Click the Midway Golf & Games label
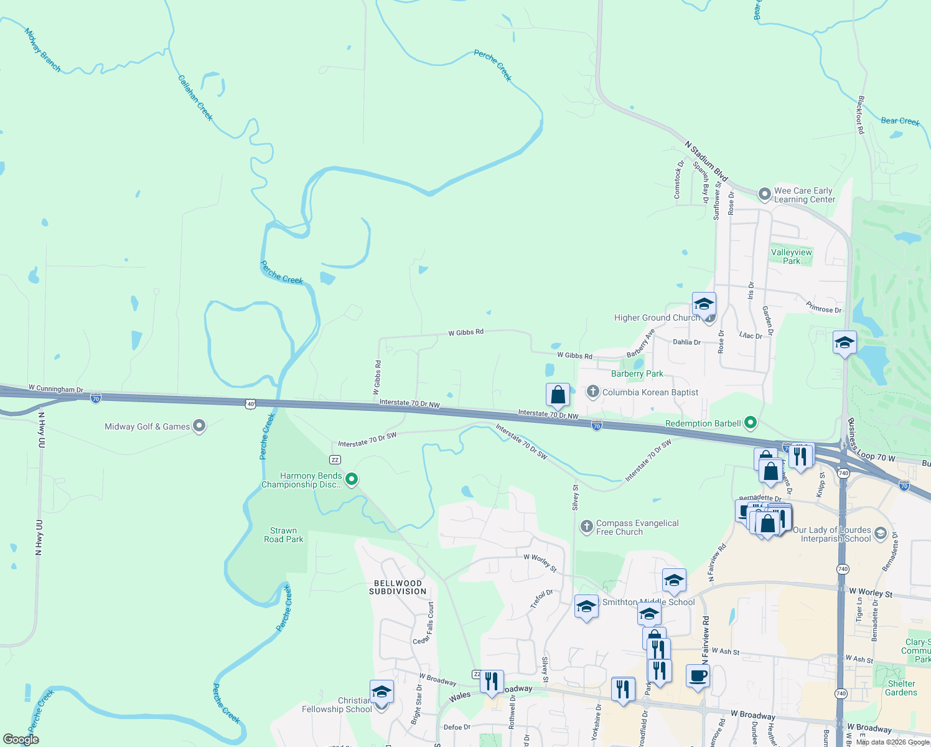pos(147,426)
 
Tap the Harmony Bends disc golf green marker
pos(352,479)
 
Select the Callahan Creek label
pos(195,98)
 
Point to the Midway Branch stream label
pos(42,50)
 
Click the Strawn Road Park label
pos(284,535)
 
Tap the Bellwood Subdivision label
pos(398,588)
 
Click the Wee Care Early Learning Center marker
pos(764,194)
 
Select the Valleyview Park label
pos(792,256)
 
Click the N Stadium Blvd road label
pos(706,161)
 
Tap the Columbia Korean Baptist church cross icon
pos(592,392)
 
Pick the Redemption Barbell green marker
pos(751,423)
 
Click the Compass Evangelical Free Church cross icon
pos(586,527)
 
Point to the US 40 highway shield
pos(250,404)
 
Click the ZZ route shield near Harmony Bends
pos(335,459)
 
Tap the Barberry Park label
pos(637,374)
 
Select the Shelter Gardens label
pos(901,688)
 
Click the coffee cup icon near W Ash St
pos(698,675)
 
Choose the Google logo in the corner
pos(21,740)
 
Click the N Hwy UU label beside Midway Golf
pos(42,430)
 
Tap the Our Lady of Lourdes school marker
pos(880,533)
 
